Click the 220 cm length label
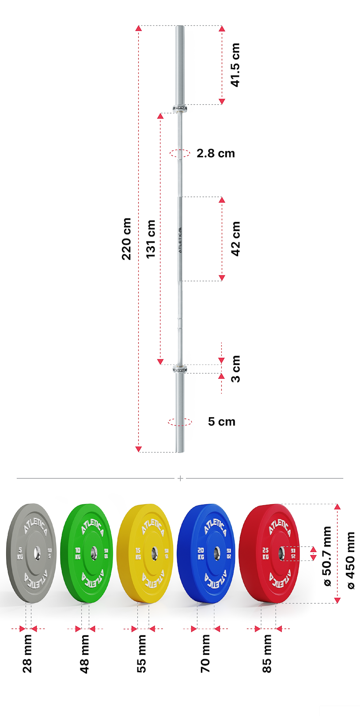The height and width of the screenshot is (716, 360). tap(127, 239)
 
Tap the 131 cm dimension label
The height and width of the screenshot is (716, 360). tap(151, 239)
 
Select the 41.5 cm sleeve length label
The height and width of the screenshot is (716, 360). tap(235, 65)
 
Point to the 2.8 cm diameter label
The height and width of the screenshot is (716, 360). tap(216, 153)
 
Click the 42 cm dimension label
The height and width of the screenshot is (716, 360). tap(236, 239)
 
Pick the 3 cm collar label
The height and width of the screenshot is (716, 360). tap(236, 369)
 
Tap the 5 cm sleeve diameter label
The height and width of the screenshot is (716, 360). tap(222, 422)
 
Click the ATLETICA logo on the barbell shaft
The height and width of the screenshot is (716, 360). tap(180, 240)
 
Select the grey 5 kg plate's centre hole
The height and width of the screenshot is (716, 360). tap(36, 552)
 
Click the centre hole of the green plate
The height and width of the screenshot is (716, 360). tap(94, 552)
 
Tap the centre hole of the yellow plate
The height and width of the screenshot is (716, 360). tap(154, 553)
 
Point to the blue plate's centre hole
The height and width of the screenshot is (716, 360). tap(216, 553)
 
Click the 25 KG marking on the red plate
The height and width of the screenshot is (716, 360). tap(265, 553)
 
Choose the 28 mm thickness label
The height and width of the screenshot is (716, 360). tap(27, 654)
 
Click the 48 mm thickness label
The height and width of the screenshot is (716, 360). tap(84, 654)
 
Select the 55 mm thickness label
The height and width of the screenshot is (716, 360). tap(141, 654)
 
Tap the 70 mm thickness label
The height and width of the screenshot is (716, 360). tap(205, 654)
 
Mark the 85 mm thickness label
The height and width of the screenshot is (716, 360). tap(267, 654)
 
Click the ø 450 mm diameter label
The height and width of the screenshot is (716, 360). tap(351, 560)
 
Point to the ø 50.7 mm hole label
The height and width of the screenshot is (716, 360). tap(327, 556)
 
